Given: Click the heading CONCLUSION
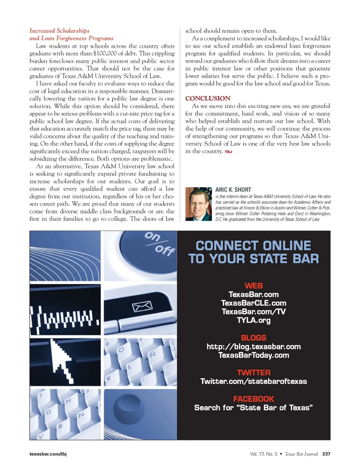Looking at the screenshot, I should [x=208, y=98].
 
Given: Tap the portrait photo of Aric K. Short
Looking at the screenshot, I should [x=198, y=204].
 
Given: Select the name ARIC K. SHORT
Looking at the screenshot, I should [x=233, y=190].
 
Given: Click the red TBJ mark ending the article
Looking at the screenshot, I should [x=228, y=152].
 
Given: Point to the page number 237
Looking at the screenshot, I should [x=326, y=454].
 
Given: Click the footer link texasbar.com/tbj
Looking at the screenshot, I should [x=48, y=454].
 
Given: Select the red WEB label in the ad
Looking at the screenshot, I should [x=253, y=286].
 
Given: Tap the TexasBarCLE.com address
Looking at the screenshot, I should [x=253, y=303].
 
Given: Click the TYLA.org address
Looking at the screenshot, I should [x=253, y=320].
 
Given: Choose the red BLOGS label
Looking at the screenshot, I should [x=253, y=338].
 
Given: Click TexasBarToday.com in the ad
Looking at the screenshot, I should [x=253, y=355].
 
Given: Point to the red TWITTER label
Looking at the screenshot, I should [x=253, y=372].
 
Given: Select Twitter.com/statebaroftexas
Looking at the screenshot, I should [x=253, y=381].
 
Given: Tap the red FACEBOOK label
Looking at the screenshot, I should [x=253, y=399].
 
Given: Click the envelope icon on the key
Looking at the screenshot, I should [x=142, y=306].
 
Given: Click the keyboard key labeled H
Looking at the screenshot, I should [x=68, y=401].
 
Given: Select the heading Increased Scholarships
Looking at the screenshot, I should [x=59, y=31].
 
